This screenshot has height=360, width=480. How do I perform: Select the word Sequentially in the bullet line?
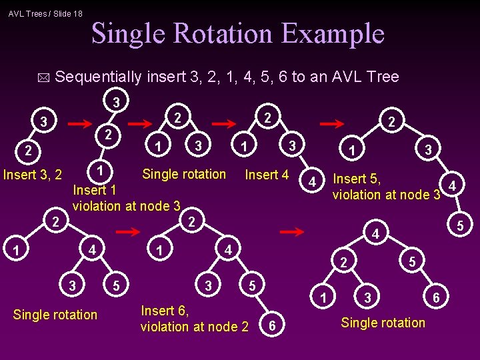click(98, 77)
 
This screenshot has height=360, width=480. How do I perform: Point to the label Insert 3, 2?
click(33, 175)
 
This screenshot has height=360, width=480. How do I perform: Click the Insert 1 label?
click(95, 190)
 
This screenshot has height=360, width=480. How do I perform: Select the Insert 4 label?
click(267, 175)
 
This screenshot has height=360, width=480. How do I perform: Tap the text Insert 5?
click(357, 179)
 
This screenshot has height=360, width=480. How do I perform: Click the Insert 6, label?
click(165, 310)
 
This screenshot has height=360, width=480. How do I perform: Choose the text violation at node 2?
click(194, 327)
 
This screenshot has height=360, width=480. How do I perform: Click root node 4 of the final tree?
click(376, 235)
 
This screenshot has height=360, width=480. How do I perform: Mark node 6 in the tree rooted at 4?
click(435, 297)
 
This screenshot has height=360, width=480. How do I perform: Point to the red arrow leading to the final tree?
click(292, 232)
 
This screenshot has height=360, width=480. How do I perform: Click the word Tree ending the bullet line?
click(383, 77)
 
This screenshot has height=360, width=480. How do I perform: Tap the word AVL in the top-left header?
click(19, 13)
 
